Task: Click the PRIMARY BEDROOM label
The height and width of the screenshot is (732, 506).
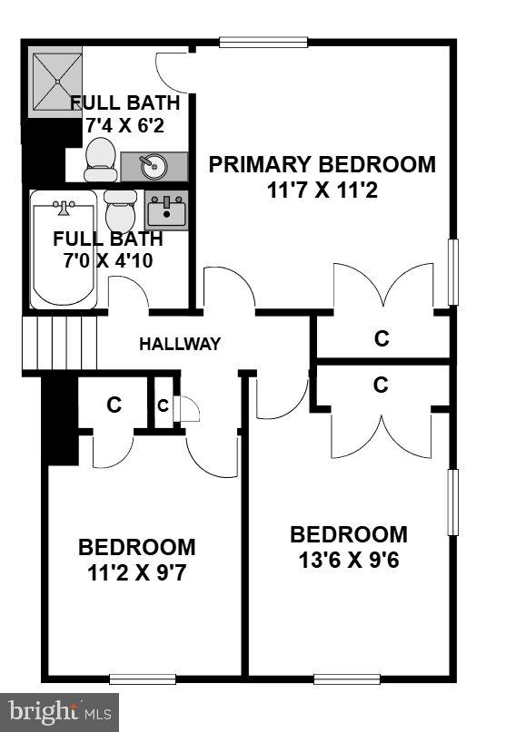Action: [322, 164]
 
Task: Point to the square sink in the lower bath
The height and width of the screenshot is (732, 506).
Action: [166, 211]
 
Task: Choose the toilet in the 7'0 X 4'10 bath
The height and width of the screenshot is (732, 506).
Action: [120, 211]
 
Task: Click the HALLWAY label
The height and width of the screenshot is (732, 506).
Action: [180, 344]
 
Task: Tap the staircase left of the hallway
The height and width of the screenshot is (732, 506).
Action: [59, 343]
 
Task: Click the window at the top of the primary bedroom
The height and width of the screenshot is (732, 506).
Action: [250, 42]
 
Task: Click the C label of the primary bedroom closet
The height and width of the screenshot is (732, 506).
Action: [382, 338]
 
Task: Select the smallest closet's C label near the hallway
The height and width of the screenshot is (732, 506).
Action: [163, 406]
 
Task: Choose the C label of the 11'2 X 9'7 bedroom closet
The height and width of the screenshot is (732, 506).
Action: [114, 405]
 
